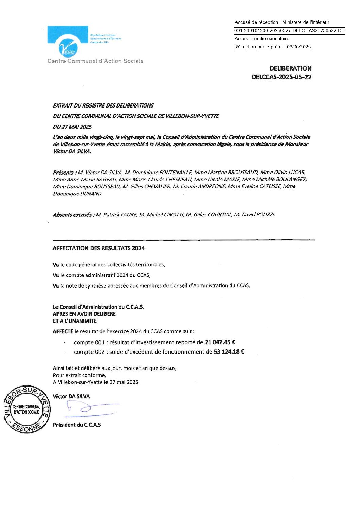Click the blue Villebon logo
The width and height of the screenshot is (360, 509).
click(x=68, y=41)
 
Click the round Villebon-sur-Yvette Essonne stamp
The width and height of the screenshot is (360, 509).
click(x=27, y=409)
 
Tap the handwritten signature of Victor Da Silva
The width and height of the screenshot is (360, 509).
click(x=90, y=408)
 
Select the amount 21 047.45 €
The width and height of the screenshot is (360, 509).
click(x=220, y=342)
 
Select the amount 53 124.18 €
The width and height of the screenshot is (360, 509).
click(x=229, y=352)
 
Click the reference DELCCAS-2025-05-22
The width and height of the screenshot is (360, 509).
click(x=281, y=77)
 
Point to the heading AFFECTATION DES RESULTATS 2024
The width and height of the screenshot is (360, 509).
click(x=99, y=248)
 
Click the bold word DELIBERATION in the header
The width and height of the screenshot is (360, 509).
click(x=290, y=68)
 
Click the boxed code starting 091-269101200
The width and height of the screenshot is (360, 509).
click(x=289, y=31)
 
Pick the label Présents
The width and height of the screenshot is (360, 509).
click(x=64, y=173)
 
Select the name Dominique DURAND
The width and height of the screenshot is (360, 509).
click(x=78, y=194)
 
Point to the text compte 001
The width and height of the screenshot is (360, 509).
click(x=89, y=342)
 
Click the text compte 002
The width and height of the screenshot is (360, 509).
click(x=89, y=352)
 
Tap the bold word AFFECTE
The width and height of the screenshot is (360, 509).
click(x=63, y=331)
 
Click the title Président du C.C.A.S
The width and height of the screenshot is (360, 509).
click(x=77, y=425)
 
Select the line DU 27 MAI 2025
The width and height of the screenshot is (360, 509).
click(x=72, y=127)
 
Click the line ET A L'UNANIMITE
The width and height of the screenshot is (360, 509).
click(x=75, y=321)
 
